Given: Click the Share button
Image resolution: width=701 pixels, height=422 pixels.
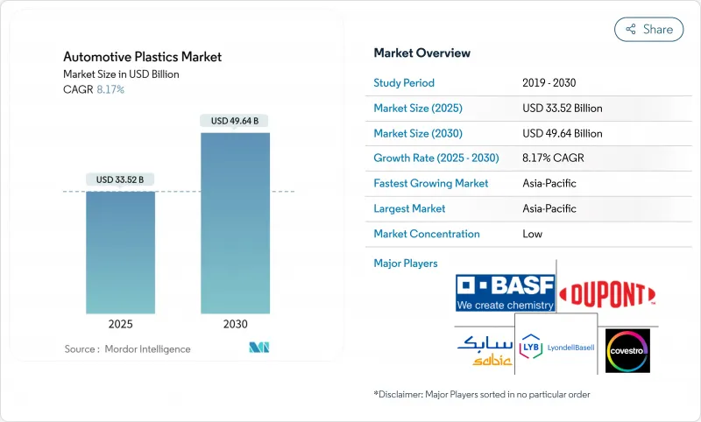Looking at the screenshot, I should point(648,29).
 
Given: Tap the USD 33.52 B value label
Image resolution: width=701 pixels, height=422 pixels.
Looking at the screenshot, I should point(120,180).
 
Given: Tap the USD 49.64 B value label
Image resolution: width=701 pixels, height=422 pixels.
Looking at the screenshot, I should point(235,121).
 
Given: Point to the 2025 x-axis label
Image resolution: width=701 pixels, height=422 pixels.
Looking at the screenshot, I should point(120,324).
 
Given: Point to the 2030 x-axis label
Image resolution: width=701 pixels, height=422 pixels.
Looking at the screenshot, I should point(235,324).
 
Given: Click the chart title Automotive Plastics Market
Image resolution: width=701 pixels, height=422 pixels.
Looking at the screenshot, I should point(142,57).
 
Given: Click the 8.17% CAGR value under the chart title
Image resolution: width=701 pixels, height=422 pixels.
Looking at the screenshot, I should point(110,89).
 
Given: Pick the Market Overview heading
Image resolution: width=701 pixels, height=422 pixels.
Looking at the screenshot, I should point(421,53).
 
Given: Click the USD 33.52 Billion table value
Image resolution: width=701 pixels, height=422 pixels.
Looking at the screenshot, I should point(562,109).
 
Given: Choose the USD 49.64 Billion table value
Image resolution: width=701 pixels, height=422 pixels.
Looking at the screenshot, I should point(562,134).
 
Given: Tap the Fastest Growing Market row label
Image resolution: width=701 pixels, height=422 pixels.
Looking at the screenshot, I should point(430,184).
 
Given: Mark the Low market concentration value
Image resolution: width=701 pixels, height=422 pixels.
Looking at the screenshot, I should point(532,234).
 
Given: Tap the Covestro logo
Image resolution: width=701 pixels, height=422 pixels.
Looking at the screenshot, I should point(628,350).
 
